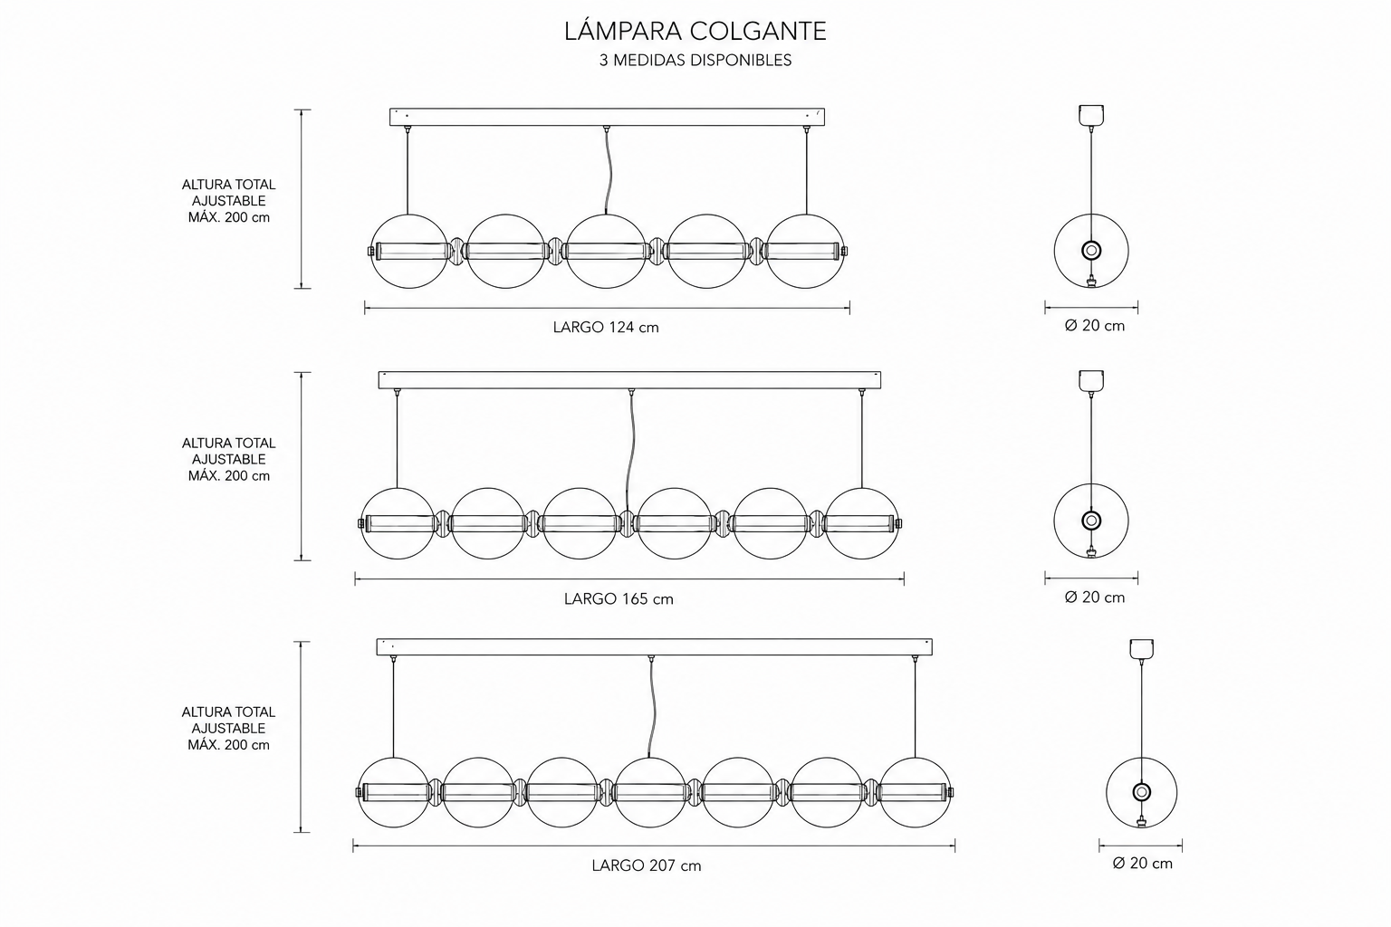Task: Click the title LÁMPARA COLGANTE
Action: pos(695,31)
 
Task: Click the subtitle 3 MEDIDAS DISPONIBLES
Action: pos(695,61)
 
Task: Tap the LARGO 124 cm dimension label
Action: pos(606,327)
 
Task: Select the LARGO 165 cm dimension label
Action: pos(619,599)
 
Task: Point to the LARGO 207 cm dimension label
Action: pos(647,865)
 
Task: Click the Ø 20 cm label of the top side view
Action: pos(1095,326)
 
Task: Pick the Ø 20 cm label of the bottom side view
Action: pos(1143,863)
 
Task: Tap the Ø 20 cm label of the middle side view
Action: pos(1095,597)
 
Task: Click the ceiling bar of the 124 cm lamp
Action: pos(608,117)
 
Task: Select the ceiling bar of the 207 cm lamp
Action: pos(655,647)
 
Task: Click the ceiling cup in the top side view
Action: pos(1091,115)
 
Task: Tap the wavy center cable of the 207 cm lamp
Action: pos(651,709)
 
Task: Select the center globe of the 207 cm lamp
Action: pos(650,758)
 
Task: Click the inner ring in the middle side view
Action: pos(1091,513)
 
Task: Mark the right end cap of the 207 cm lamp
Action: pos(951,792)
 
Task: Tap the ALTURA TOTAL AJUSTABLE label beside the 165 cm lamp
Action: pos(228,452)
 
